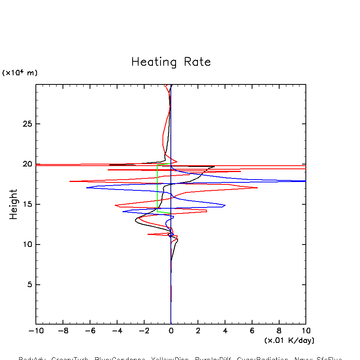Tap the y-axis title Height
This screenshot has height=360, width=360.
click(x=14, y=204)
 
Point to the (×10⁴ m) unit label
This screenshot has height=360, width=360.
click(x=20, y=73)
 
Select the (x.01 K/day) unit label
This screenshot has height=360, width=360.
click(x=289, y=340)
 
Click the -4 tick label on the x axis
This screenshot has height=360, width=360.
click(x=115, y=331)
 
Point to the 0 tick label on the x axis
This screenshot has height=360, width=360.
click(x=171, y=331)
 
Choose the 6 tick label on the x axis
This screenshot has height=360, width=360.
click(x=252, y=331)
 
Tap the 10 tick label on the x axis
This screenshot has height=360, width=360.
click(x=306, y=331)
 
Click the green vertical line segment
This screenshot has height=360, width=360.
click(x=158, y=187)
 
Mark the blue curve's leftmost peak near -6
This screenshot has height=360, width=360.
click(x=87, y=188)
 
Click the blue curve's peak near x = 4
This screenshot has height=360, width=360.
click(x=225, y=205)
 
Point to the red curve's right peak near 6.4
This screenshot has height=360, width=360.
click(x=257, y=188)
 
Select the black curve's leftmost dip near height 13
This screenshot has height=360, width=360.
click(x=135, y=220)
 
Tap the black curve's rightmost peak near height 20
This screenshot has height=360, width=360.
click(x=214, y=167)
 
